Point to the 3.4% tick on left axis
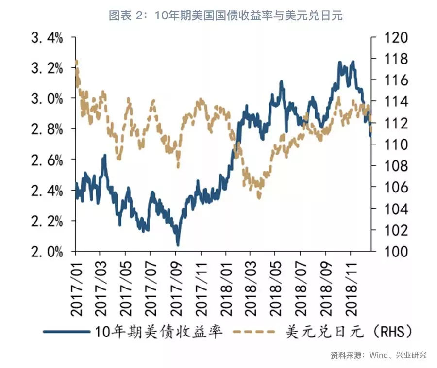(x=47, y=37)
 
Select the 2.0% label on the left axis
(x=47, y=252)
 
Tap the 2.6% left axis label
(x=47, y=160)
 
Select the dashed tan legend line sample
(x=252, y=332)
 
